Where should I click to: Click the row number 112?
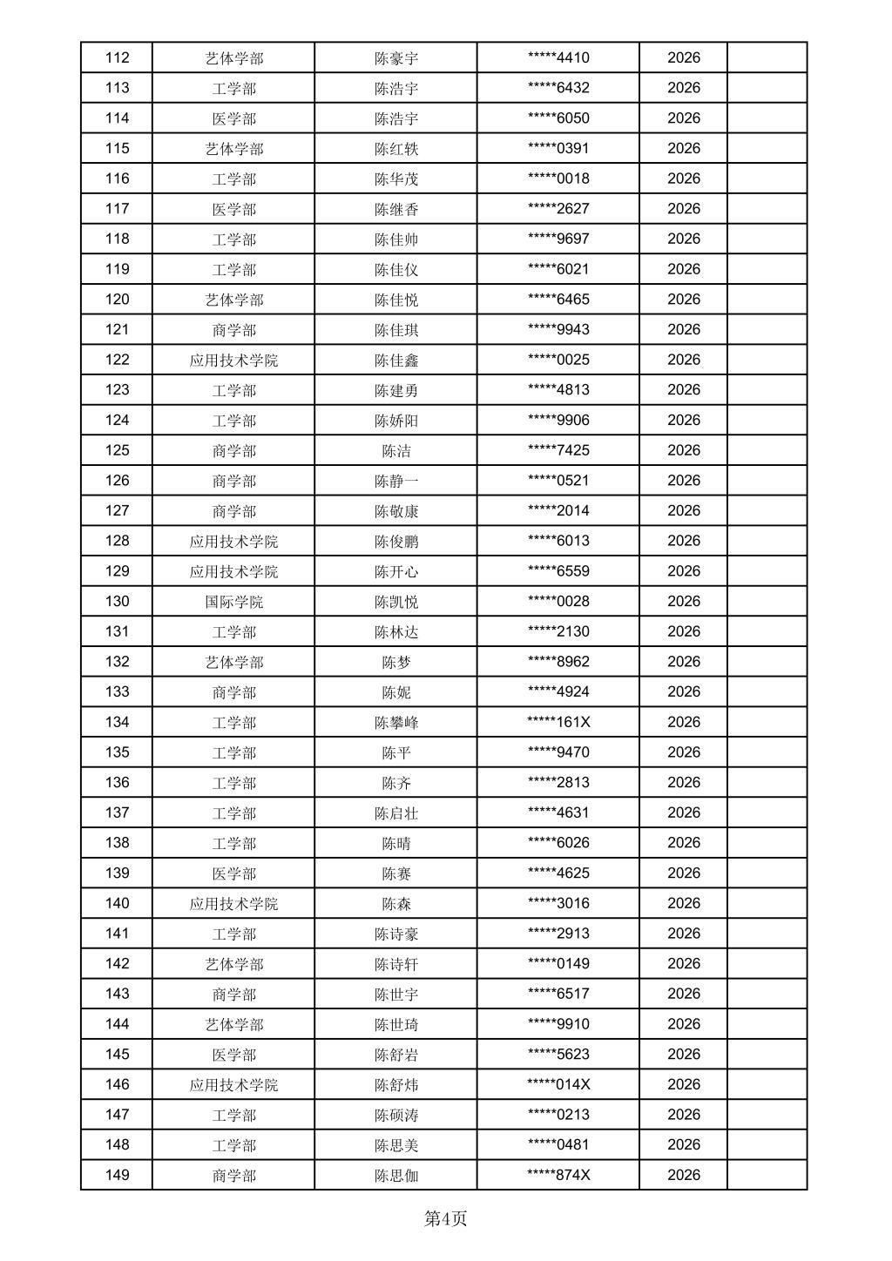coord(117,58)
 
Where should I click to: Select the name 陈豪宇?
coord(396,58)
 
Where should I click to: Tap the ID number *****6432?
coord(558,88)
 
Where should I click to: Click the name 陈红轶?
coord(396,149)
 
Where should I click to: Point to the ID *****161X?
coord(558,722)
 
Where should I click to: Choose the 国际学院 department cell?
coord(233,602)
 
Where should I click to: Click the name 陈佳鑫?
coord(396,360)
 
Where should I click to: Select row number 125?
coord(117,450)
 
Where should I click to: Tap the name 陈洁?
coord(396,450)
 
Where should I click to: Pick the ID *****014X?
coord(558,1084)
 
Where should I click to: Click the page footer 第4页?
coord(445,1218)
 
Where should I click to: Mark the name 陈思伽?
coord(396,1175)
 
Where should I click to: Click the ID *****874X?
coord(558,1175)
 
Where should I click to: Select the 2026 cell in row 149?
coord(684,1175)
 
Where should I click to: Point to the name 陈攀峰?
coord(396,722)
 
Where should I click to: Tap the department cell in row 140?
coord(233,903)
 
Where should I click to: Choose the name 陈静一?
coord(396,481)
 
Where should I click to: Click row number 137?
coord(117,813)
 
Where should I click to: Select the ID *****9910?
coord(558,1024)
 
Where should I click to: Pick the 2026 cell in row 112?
coord(684,58)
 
